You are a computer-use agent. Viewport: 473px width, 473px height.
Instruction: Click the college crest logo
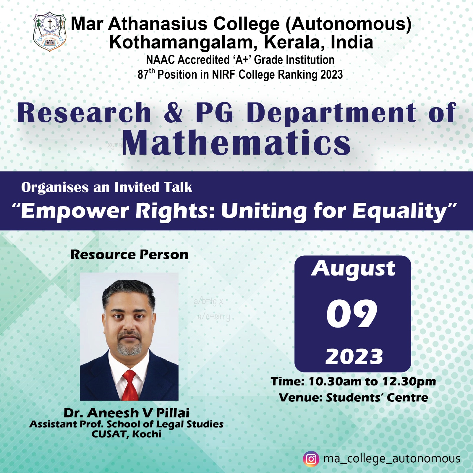pos(49,32)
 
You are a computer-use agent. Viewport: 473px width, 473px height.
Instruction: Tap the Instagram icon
pos(311,459)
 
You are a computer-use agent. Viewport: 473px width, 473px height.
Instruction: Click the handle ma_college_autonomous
pos(392,459)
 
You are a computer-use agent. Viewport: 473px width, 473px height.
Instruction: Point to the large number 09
pos(352,314)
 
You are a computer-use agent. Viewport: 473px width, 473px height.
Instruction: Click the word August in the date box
pos(353,269)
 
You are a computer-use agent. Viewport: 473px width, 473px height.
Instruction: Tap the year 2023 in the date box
pos(354,357)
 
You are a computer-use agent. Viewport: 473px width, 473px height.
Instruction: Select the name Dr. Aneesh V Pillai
pos(127,413)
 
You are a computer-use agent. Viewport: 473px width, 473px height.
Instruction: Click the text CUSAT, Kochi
pos(127,434)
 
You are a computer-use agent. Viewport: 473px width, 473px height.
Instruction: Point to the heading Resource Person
pos(129,255)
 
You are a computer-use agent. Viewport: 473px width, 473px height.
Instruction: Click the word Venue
pos(300,398)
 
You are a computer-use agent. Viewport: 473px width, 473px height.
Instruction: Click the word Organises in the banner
pos(55,188)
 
